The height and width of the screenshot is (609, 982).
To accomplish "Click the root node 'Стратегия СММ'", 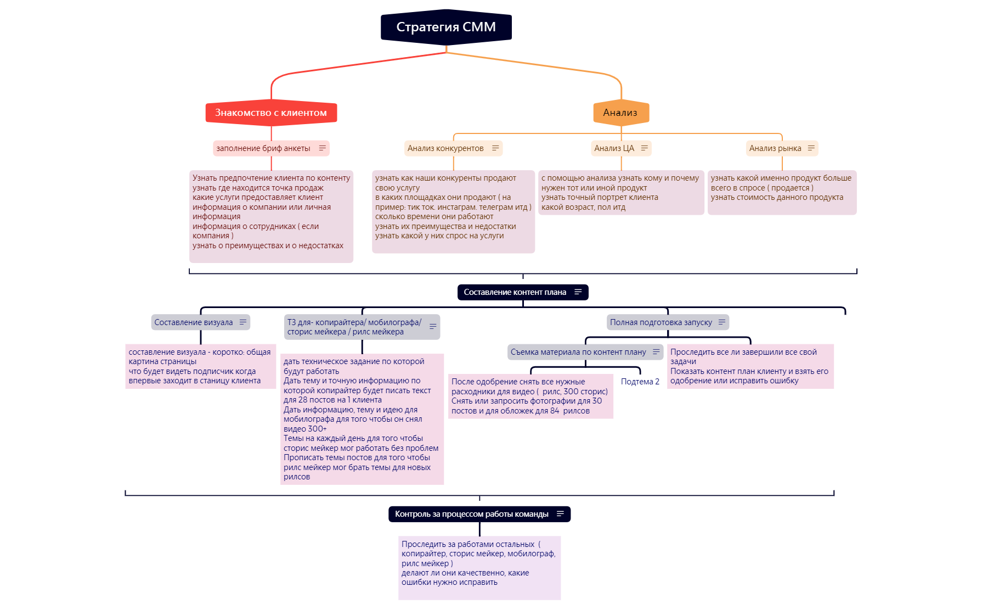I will (446, 27).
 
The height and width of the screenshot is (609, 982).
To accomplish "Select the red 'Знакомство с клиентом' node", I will (271, 113).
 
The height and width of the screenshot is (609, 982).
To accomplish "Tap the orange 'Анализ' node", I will (620, 113).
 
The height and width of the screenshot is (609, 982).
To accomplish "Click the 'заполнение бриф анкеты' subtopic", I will (263, 148).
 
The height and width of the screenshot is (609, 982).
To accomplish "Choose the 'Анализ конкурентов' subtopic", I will (445, 148).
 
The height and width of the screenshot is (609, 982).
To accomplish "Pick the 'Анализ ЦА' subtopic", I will (614, 148).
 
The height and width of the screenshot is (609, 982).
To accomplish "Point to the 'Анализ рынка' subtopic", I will (775, 148).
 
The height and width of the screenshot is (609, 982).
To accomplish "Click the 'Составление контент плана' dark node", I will (515, 292).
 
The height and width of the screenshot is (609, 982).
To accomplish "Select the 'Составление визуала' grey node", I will (194, 322).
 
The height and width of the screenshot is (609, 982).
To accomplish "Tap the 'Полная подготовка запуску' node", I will (661, 322).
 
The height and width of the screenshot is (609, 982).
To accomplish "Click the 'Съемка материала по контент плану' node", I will (578, 352).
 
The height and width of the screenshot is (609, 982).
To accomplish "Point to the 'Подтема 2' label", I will (640, 382).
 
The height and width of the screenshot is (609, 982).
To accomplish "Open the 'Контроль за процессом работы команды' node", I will (472, 514).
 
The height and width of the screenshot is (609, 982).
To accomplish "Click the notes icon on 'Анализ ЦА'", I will (645, 148).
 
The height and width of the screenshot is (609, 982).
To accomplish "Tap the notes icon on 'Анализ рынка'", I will (811, 148).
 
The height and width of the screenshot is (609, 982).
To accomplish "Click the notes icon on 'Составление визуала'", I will (243, 322).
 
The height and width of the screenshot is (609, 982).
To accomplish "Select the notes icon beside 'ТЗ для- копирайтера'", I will (433, 327).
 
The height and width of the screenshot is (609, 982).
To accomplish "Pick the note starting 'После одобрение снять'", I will (530, 396).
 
